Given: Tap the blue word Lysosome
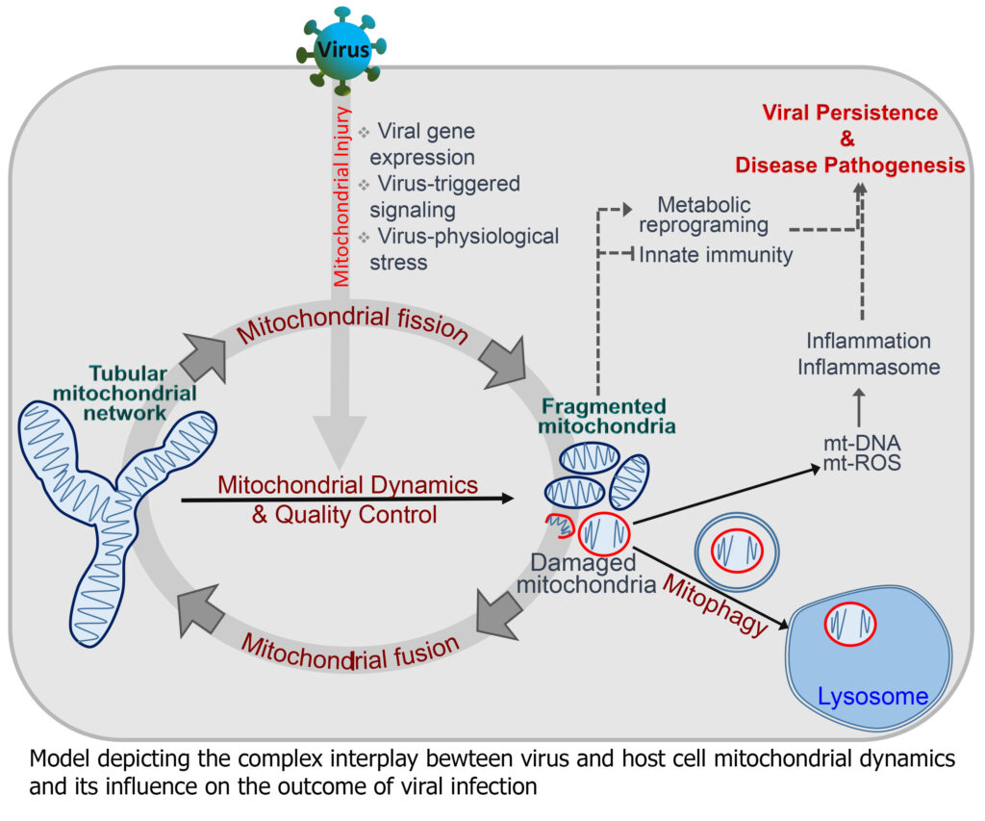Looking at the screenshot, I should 872,695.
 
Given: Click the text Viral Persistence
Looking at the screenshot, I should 849,113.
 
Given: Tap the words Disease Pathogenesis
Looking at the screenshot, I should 849,166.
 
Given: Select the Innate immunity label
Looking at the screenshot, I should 717,255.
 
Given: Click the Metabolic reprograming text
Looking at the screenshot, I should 706,215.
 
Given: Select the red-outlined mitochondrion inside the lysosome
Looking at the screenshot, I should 849,624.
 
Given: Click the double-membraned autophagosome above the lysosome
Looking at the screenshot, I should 737,550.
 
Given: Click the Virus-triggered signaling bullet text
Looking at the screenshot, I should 445,196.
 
